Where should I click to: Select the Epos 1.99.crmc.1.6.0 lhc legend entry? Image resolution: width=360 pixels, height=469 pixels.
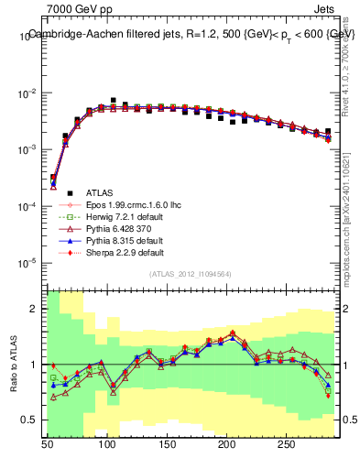[x=127, y=205]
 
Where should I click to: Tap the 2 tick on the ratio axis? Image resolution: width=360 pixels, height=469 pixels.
[x=37, y=310]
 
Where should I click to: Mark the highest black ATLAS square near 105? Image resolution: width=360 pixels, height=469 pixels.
[x=114, y=100]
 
